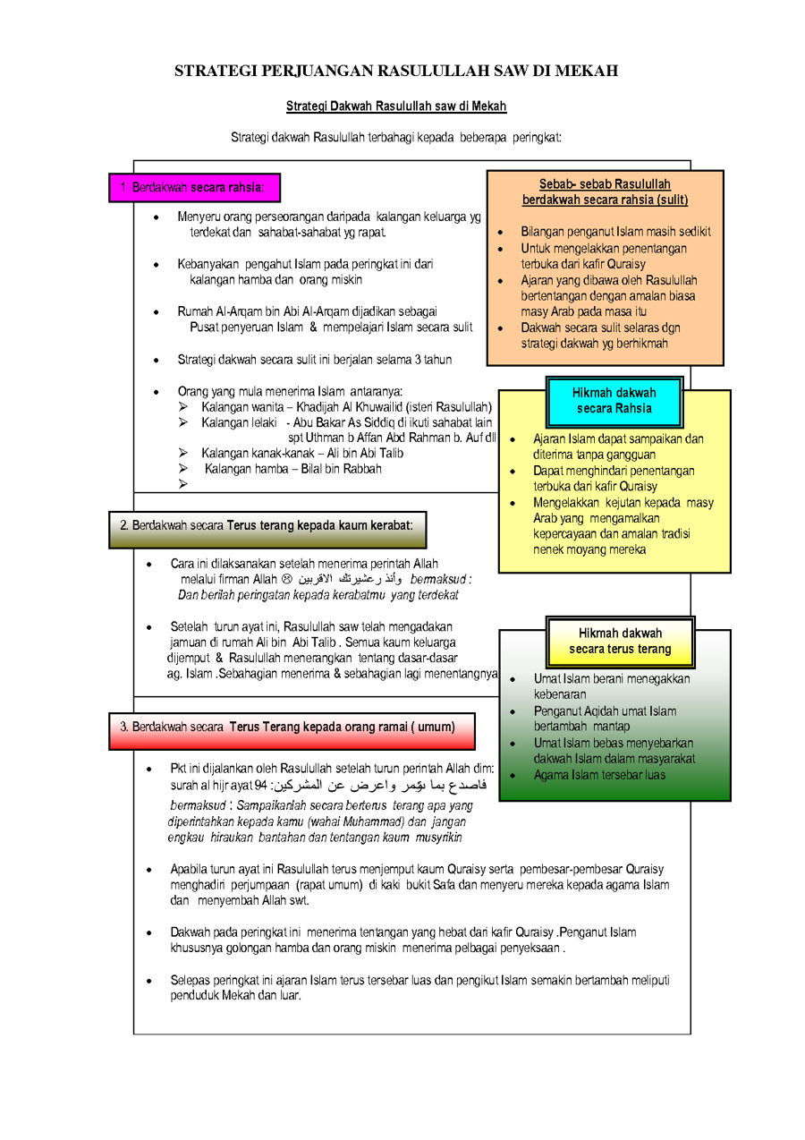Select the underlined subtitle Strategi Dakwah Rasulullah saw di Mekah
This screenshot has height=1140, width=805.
click(396, 106)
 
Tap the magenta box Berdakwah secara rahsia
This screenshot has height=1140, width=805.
click(194, 188)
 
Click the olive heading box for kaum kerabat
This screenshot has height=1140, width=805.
click(267, 525)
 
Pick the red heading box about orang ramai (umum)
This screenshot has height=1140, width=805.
click(291, 727)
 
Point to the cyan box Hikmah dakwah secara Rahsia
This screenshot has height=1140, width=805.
click(614, 400)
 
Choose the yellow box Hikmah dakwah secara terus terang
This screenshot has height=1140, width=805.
click(620, 641)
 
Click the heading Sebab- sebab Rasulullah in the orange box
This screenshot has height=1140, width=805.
click(605, 183)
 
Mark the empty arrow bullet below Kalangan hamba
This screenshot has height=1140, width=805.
click(183, 484)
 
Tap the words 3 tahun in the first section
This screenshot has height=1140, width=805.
click(431, 360)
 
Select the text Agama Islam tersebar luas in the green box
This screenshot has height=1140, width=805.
click(599, 775)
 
